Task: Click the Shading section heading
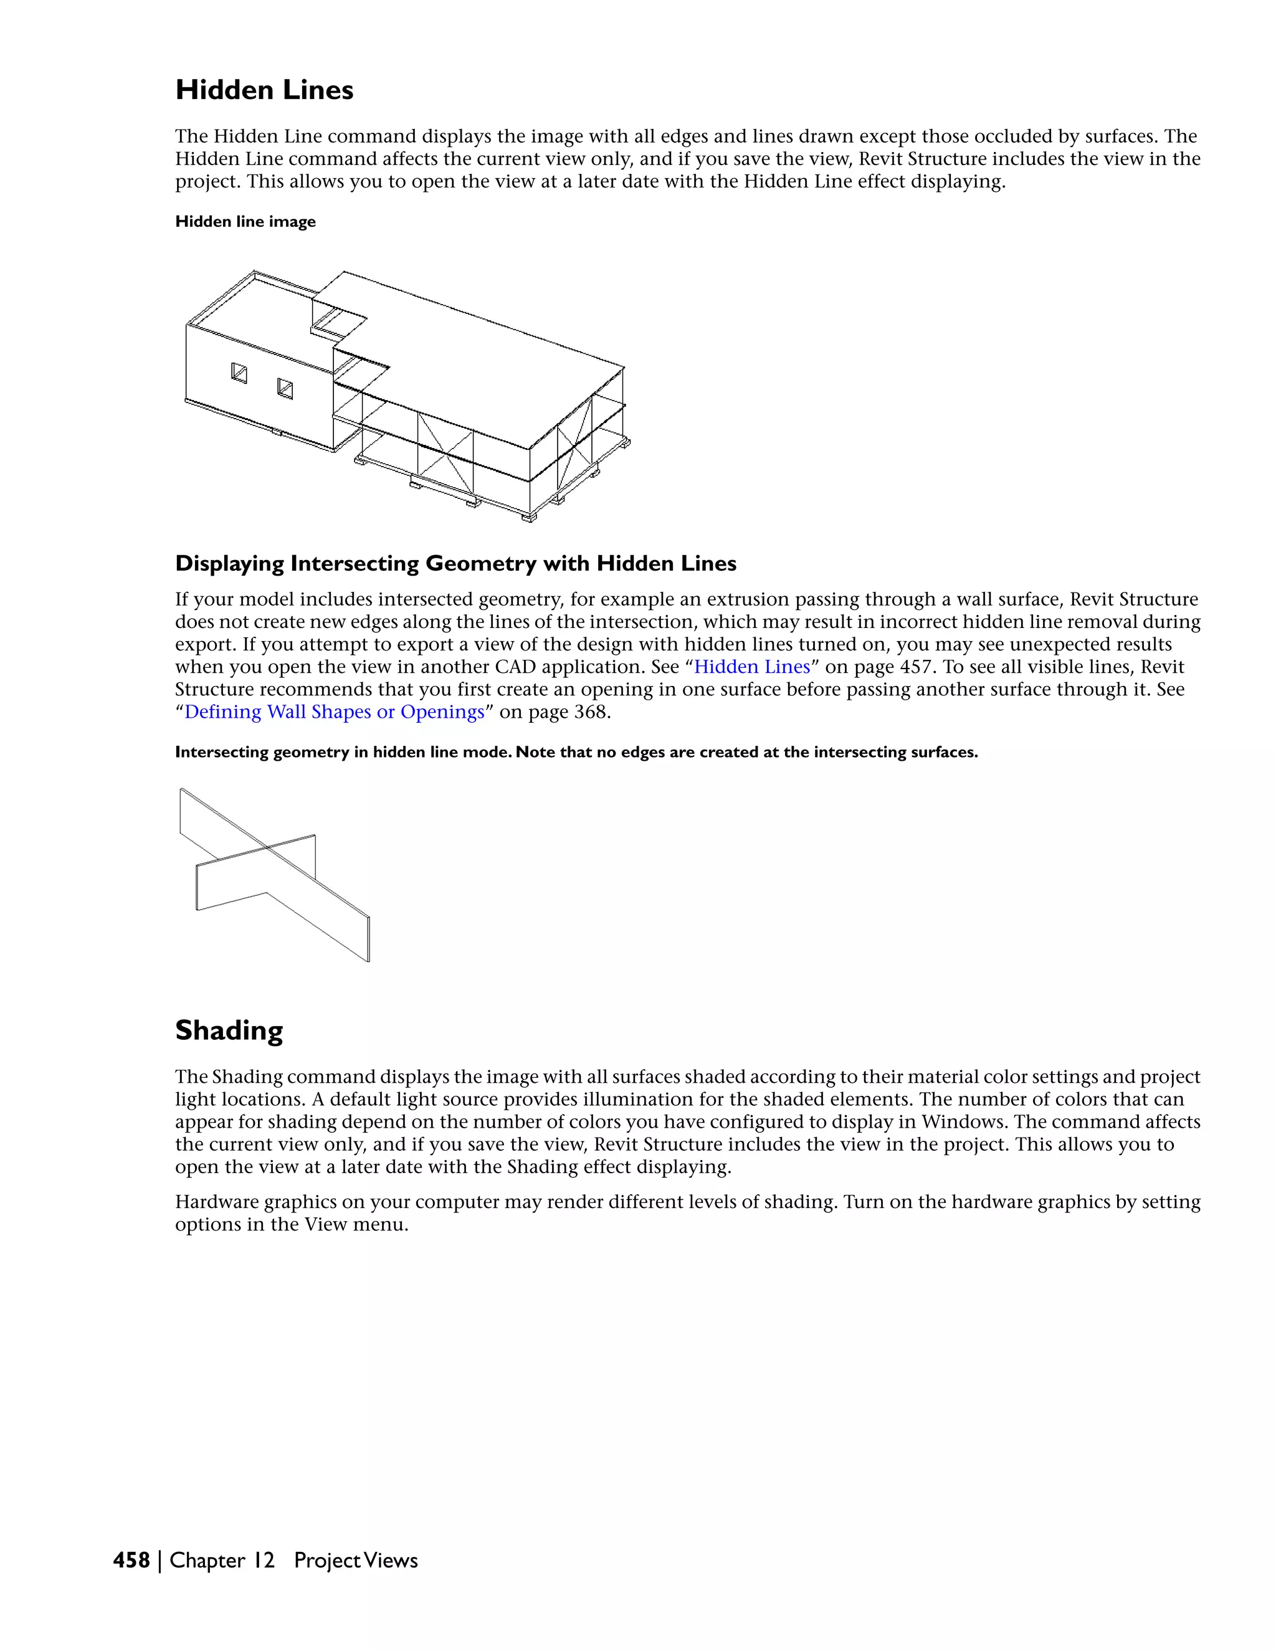coord(229,1030)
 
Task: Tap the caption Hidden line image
coord(245,222)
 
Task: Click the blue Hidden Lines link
coord(751,667)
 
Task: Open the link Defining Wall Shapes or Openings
coord(334,712)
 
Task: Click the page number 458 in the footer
coord(131,1560)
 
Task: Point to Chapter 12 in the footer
coord(221,1560)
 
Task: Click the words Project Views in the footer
coord(355,1560)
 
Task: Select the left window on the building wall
coord(239,373)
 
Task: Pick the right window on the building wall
coord(285,389)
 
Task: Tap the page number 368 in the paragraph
coord(589,712)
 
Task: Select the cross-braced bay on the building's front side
coord(446,452)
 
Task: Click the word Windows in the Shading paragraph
coord(963,1122)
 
